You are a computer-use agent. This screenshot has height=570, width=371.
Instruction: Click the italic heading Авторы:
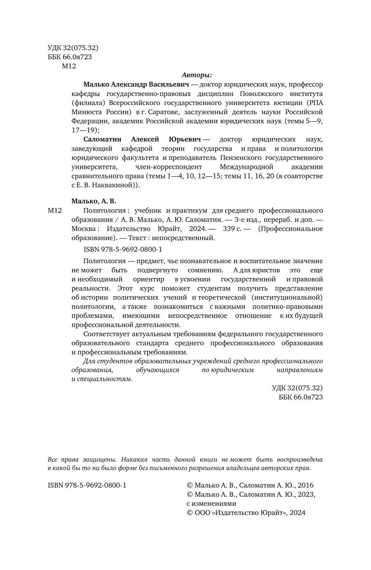[x=197, y=75]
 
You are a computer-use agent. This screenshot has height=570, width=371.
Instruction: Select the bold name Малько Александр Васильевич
[x=136, y=84]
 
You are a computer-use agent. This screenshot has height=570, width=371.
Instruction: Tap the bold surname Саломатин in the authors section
[x=105, y=139]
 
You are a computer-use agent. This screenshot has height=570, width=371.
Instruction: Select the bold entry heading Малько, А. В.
[x=94, y=201]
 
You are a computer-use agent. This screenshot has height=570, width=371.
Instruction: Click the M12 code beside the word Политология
[x=54, y=211]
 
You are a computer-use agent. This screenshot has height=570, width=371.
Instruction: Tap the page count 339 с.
[x=232, y=229]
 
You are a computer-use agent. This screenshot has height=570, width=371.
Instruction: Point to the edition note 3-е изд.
[x=245, y=220]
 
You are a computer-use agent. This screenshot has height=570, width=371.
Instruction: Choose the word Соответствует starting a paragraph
[x=104, y=334]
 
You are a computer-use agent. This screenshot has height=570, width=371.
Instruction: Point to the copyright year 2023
[x=305, y=495]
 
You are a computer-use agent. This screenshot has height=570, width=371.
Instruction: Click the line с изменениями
[x=211, y=504]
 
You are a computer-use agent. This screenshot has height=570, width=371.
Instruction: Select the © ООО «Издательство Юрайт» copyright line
[x=246, y=513]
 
